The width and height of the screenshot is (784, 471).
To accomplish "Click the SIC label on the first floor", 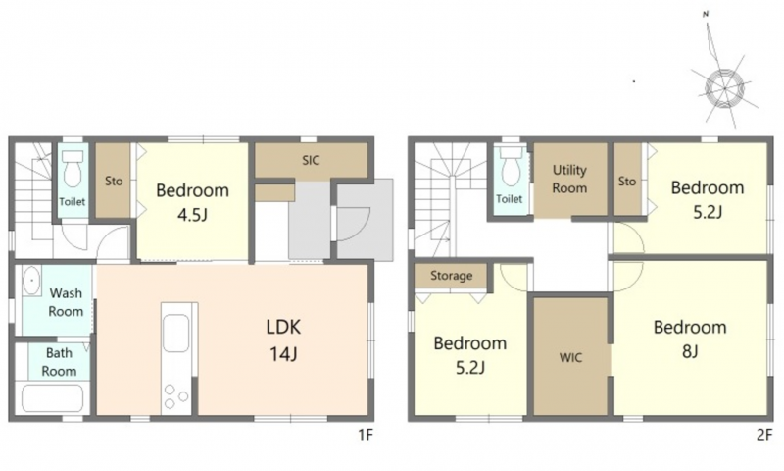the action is (x=311, y=161).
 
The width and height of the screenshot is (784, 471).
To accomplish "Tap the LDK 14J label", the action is (x=283, y=340).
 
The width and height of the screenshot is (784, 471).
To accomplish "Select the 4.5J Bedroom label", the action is (x=192, y=202).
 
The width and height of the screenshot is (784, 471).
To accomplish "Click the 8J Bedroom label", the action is (x=690, y=339).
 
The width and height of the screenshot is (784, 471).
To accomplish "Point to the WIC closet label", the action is (x=570, y=358).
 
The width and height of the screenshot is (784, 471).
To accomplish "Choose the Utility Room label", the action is (x=569, y=179).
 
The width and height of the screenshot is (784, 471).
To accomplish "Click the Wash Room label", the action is (x=66, y=302).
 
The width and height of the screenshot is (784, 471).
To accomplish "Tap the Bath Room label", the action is (x=59, y=362).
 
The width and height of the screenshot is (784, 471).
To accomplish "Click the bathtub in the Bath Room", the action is (x=53, y=398).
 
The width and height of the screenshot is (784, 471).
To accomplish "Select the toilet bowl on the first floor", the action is (x=73, y=169).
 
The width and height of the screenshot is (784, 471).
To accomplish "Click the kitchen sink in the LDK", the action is (x=176, y=334).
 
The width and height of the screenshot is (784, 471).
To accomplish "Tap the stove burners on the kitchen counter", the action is (x=175, y=395).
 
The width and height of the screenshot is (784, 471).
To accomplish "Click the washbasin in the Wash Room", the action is (x=32, y=281).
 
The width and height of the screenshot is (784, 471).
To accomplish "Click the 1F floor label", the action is (x=366, y=435).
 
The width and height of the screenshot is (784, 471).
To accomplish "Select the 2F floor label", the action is (x=764, y=435).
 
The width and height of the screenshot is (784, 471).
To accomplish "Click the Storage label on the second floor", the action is (x=452, y=276).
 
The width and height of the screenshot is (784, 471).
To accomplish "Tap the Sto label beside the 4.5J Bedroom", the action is (x=114, y=181).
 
